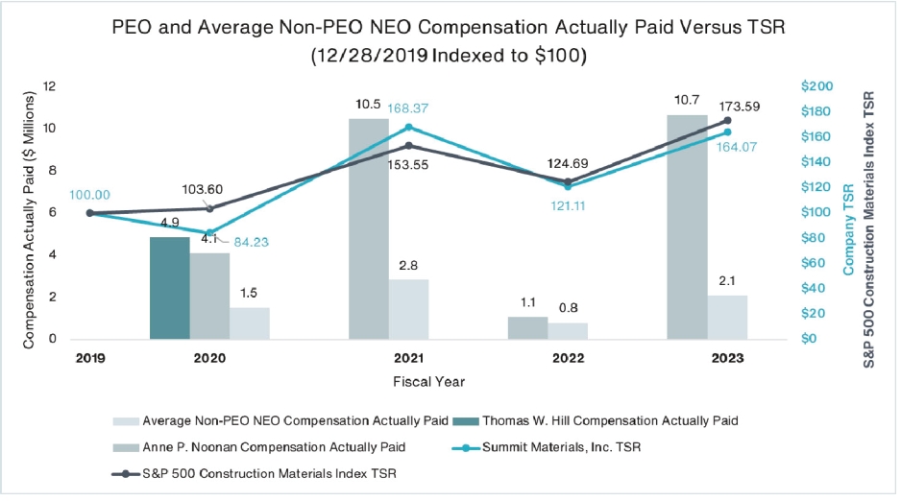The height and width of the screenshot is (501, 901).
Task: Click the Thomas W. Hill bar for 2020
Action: pos(170,287)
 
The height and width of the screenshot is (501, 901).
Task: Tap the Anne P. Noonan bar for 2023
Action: pos(686,227)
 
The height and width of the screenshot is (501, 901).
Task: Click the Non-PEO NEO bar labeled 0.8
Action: pos(568,330)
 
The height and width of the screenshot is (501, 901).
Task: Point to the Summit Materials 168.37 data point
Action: pos(408,127)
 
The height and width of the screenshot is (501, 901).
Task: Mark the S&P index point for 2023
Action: pos(726,120)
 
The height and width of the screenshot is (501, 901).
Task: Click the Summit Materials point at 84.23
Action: pos(210,232)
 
